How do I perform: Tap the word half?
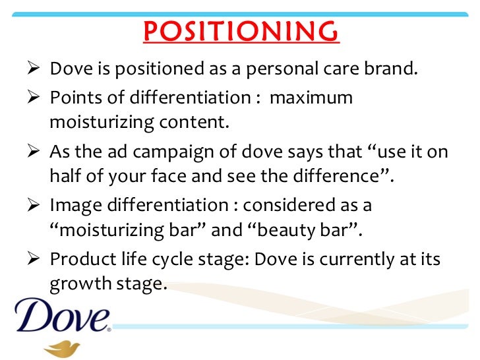point(65,176)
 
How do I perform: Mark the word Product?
point(77,260)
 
